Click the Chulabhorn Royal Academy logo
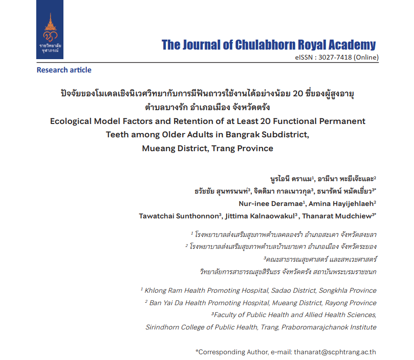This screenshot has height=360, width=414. pyautogui.click(x=50, y=36)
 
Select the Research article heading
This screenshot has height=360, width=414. pyautogui.click(x=64, y=70)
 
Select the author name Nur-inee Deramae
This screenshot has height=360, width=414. pyautogui.click(x=277, y=203)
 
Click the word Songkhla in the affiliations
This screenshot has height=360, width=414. pyautogui.click(x=330, y=290)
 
